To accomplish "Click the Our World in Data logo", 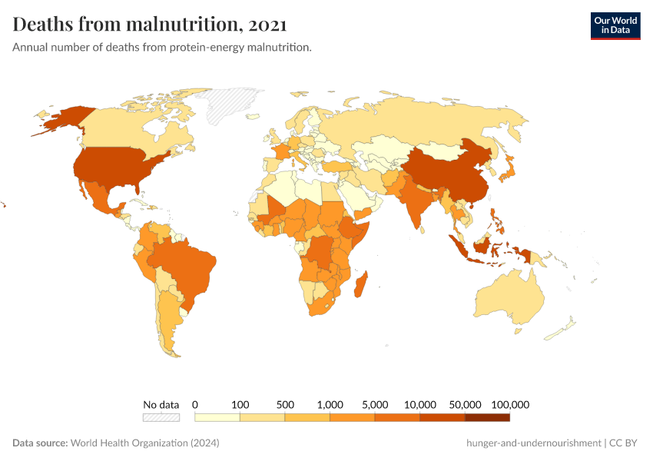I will [x=615, y=26].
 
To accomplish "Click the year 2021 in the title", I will [x=267, y=25].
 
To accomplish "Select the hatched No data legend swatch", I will [x=161, y=417].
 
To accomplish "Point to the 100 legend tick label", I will [x=240, y=404].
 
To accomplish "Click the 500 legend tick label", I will [x=285, y=404].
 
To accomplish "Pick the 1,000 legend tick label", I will [x=330, y=404].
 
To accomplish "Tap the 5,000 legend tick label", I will [x=375, y=404].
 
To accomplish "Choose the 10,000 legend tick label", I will [x=420, y=404].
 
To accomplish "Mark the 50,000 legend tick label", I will [x=465, y=404].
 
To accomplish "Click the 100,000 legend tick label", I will [x=510, y=404].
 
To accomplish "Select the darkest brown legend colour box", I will [x=487, y=417].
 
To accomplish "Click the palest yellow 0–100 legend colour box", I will [x=217, y=417].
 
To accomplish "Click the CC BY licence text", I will [x=625, y=443].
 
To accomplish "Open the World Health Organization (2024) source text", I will [x=145, y=443].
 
